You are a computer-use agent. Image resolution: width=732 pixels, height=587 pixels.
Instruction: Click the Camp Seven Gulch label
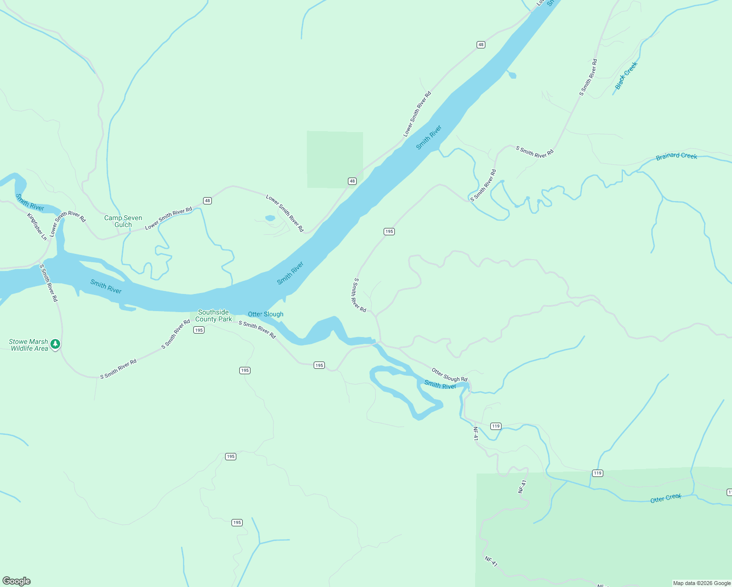[123, 221]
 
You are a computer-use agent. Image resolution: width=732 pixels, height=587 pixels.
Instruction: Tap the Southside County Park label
[214, 316]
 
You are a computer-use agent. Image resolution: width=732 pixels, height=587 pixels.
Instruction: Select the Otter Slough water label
[266, 314]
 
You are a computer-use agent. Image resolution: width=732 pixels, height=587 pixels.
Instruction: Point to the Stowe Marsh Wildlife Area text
[29, 345]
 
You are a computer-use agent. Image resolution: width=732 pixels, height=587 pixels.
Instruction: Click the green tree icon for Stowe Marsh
[56, 344]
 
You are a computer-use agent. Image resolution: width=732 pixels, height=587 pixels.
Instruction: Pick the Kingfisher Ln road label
[37, 226]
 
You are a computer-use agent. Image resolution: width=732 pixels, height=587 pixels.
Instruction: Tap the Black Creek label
[626, 75]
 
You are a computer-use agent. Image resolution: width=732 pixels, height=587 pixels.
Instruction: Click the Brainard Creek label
[676, 156]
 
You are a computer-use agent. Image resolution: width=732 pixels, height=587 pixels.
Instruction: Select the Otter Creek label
[665, 498]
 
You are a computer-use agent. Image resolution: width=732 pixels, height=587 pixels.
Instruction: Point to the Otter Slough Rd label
[449, 375]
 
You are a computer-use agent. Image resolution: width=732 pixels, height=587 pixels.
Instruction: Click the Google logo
[17, 581]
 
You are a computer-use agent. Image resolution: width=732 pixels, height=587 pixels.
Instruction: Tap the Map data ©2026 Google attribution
[702, 583]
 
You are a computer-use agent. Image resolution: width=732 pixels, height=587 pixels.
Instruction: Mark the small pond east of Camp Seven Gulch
[270, 218]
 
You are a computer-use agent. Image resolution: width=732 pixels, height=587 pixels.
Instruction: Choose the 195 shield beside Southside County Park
[199, 330]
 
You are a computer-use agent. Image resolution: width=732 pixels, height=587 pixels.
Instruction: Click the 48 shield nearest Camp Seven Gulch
[207, 201]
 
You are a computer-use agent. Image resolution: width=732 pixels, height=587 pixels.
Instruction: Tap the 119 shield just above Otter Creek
[597, 473]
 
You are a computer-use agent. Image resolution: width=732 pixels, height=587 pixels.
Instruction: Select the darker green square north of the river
[335, 159]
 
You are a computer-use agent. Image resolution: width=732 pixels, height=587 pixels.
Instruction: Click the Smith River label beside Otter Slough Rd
[440, 385]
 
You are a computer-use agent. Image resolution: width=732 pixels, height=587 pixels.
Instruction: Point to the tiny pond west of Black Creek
[512, 75]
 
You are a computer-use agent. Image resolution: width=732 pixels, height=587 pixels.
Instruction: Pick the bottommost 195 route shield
[237, 522]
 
